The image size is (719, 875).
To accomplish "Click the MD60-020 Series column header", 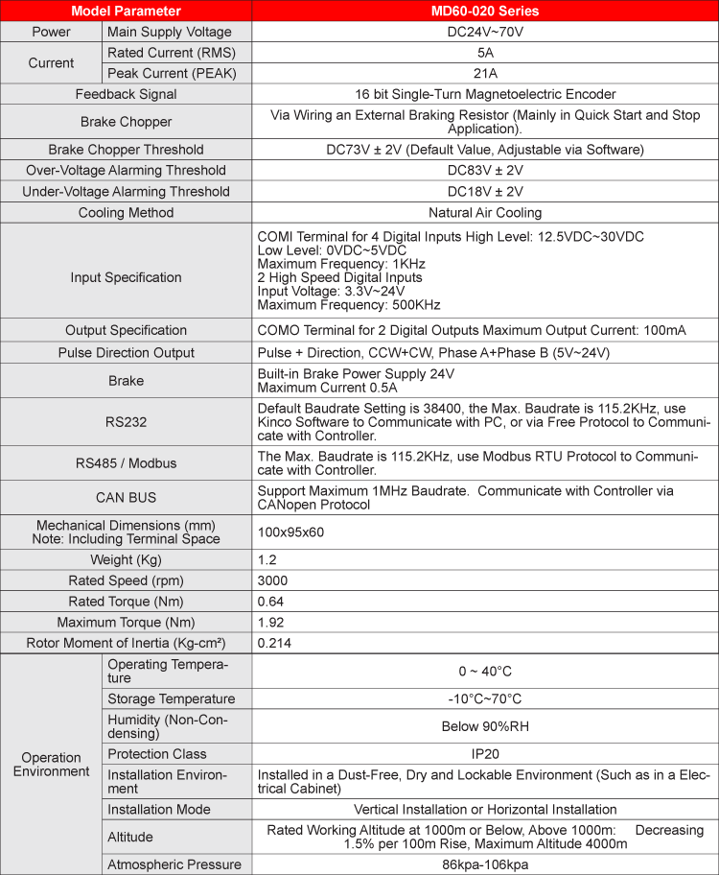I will coord(485,12).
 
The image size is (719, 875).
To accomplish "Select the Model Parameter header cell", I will coord(126,12).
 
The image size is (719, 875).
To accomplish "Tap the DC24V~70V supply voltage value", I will coord(485,32).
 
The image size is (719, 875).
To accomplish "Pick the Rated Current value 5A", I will coord(485,52).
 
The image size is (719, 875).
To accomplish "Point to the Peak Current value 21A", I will coord(485,73).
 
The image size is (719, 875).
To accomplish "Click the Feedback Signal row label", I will coord(126,94).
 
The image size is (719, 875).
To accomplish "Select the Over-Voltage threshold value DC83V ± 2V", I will coord(485,170).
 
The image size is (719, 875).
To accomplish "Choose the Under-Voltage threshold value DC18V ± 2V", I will coord(485,191).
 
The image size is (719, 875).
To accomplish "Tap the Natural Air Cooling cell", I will coord(485,212).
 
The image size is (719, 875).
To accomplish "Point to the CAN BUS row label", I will coord(126,497).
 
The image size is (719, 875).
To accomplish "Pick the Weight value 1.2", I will coord(268,559).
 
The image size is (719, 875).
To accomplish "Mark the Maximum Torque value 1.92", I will coord(272,622).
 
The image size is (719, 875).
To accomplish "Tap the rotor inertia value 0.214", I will coord(275,643).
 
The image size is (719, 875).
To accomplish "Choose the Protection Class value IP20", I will coord(485,754).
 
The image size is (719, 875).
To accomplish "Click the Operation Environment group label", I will coord(51,764).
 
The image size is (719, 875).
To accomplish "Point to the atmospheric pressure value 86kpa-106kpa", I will coord(485,864).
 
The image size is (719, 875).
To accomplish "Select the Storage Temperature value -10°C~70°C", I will coord(485,698).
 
